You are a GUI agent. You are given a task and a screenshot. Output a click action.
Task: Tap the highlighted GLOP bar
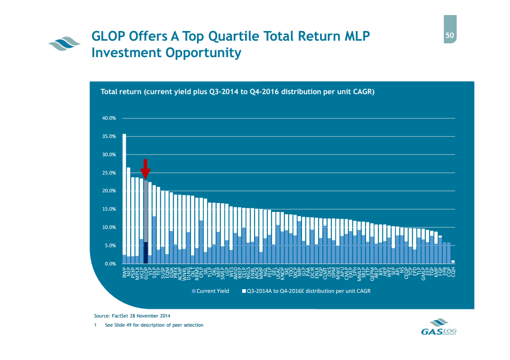[146, 219]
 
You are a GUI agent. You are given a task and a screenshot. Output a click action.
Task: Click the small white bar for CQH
[453, 262]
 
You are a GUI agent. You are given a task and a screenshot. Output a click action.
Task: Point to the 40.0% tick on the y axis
[109, 118]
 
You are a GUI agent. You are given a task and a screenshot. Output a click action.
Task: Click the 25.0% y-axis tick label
[109, 173]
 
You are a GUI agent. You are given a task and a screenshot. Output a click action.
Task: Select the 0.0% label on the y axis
[110, 264]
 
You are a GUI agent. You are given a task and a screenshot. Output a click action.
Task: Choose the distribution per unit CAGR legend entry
[306, 291]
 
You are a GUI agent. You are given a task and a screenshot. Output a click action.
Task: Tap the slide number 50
[450, 36]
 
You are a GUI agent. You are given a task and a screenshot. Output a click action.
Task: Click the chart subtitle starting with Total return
[237, 92]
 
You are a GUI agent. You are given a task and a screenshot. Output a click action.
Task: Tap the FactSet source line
[132, 316]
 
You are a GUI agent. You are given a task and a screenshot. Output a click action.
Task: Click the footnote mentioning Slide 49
[154, 325]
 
